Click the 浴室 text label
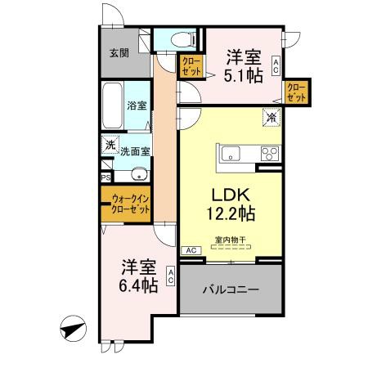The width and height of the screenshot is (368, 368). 136,106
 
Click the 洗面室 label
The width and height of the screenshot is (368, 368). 135,151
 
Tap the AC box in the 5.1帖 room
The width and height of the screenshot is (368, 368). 277,65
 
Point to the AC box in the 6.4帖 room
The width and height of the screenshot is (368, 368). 171,277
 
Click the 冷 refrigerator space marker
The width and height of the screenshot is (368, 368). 271,118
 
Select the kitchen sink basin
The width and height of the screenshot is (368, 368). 230,152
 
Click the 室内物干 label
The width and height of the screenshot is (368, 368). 231,240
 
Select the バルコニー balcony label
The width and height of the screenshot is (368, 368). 231,289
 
